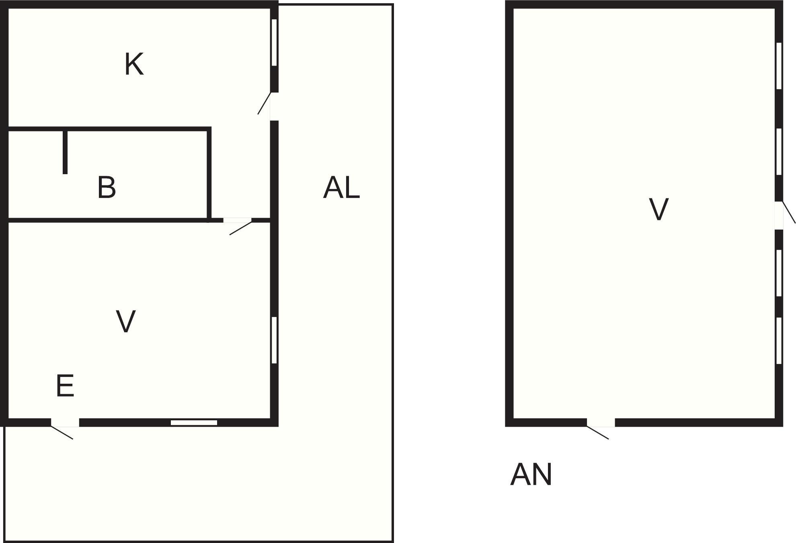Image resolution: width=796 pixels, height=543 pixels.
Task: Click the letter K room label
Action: coord(134,64)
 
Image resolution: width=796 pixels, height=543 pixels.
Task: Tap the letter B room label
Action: coord(107,187)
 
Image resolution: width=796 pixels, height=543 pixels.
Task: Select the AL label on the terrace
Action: coord(341,187)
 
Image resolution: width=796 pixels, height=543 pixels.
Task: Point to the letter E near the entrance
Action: coord(65,386)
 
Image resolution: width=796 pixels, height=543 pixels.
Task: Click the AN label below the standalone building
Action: coord(531,475)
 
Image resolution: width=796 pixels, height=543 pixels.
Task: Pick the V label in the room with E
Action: coord(125,321)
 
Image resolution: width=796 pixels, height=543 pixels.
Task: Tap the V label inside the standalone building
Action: coord(659,209)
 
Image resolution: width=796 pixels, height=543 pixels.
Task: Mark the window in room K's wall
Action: coord(274,43)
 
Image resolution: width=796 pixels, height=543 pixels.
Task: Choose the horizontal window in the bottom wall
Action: coord(194,422)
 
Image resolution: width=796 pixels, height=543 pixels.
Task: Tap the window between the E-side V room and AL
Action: coord(274,340)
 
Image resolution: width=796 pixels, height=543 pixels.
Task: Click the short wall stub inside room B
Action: coord(65,152)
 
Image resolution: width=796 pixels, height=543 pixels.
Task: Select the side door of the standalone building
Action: coord(784,215)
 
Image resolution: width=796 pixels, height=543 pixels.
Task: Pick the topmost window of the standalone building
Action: coord(779,66)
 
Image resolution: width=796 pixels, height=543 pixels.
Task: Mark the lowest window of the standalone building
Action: coord(779,341)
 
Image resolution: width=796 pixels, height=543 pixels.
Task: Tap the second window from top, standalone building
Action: coord(779,152)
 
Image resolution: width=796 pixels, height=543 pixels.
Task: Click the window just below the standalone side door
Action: coord(779,273)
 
